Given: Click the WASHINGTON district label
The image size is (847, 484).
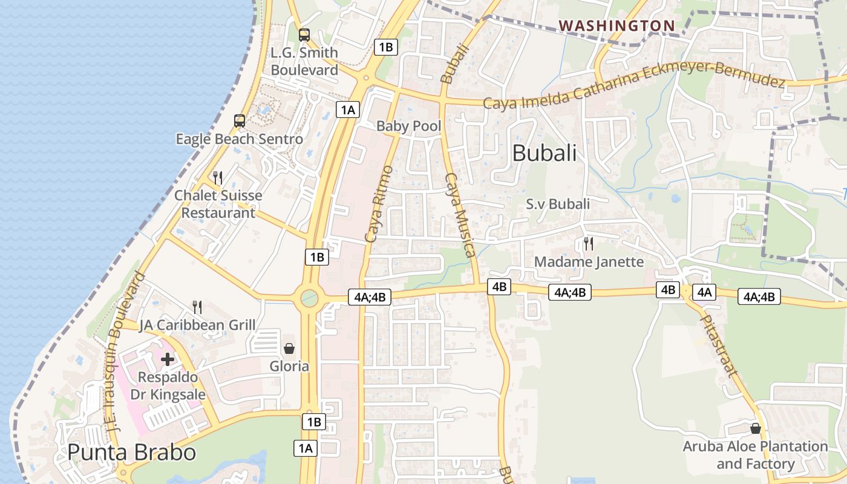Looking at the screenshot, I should (x=616, y=25).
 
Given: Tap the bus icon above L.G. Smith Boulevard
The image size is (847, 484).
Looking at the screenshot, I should (x=304, y=35).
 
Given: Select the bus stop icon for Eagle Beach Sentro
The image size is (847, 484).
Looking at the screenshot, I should (x=240, y=121).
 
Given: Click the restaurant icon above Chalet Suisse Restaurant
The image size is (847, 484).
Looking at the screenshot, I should (x=218, y=177).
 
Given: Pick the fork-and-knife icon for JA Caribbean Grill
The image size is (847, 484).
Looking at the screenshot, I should (x=197, y=307).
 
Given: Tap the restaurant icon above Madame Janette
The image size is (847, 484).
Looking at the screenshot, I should (x=588, y=244).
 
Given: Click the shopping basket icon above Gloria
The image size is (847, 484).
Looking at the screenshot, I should (x=289, y=348).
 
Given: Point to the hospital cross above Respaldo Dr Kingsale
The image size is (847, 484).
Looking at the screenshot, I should (x=168, y=359).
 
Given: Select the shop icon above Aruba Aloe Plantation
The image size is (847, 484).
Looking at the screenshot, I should (x=755, y=429).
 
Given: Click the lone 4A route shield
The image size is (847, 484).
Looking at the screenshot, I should (x=704, y=292).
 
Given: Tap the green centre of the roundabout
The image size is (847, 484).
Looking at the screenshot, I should (x=309, y=298).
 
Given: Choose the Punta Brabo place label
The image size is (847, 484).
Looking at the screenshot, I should (x=131, y=453).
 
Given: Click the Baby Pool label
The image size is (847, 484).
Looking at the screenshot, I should (x=409, y=126).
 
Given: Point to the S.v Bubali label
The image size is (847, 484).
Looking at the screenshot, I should (x=558, y=204).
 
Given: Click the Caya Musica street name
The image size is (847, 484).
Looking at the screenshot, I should (x=459, y=215).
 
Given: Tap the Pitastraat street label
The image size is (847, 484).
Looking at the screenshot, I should (x=719, y=345).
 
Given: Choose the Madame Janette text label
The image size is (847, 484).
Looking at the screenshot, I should (x=589, y=261).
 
